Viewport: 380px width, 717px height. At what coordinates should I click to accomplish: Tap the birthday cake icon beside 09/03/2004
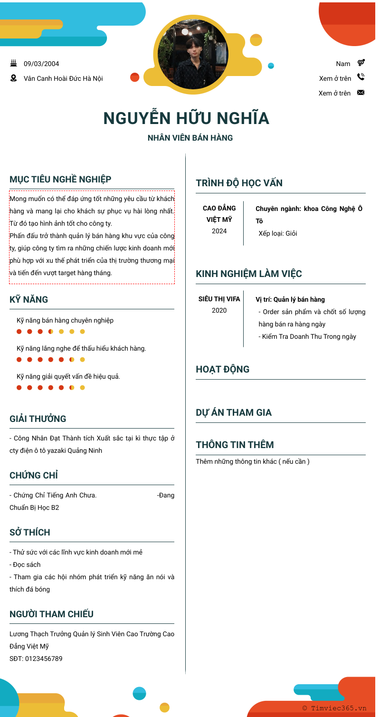click(13, 63)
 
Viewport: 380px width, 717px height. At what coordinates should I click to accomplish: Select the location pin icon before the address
click(13, 78)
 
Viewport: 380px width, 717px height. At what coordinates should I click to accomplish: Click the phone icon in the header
click(361, 77)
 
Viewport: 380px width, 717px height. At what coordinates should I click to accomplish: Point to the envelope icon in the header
click(361, 93)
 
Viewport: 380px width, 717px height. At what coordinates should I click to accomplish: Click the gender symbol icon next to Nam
click(361, 63)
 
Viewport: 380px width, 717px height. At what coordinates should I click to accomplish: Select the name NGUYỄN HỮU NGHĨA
click(186, 118)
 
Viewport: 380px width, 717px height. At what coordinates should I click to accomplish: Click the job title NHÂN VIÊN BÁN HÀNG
click(190, 138)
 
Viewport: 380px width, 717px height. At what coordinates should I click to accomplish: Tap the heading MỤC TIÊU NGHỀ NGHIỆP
click(60, 179)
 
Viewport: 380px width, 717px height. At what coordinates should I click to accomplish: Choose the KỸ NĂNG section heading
click(29, 300)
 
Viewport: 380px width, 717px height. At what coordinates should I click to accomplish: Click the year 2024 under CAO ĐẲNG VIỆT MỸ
click(219, 231)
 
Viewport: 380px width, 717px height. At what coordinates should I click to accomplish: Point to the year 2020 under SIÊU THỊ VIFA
click(219, 311)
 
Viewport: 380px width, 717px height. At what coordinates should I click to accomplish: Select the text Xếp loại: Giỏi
click(278, 233)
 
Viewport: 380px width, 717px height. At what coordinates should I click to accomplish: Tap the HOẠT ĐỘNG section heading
click(222, 370)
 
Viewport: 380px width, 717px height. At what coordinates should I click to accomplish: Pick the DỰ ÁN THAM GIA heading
click(234, 412)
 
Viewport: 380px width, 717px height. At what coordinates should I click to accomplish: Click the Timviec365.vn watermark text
click(339, 708)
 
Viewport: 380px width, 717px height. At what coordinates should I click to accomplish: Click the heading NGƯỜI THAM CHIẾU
click(51, 614)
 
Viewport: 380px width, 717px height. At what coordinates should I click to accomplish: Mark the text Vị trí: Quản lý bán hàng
click(290, 299)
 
